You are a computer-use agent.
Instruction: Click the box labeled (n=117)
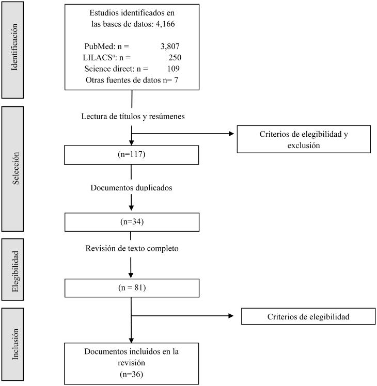pyautogui.click(x=132, y=154)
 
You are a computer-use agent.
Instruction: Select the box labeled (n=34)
pyautogui.click(x=132, y=222)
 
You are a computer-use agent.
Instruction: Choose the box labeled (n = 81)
pyautogui.click(x=132, y=287)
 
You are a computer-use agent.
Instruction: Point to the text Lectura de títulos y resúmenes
pyautogui.click(x=132, y=116)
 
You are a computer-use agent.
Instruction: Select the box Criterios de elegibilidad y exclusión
pyautogui.click(x=304, y=139)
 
